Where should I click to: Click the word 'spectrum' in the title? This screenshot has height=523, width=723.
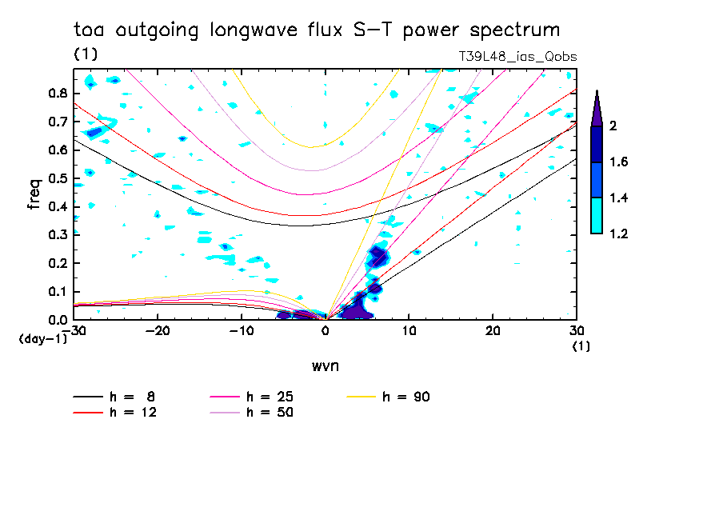[x=512, y=31]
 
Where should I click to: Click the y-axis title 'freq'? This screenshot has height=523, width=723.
[x=34, y=194]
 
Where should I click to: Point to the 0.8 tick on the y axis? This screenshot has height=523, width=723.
[x=58, y=93]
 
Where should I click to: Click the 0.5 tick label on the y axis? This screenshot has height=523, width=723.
[x=58, y=178]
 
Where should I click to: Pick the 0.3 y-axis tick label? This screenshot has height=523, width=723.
[x=58, y=235]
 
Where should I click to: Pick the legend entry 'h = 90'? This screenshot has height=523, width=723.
[x=406, y=397]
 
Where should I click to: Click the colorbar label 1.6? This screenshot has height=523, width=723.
[x=618, y=162]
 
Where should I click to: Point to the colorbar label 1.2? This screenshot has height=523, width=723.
[x=618, y=234]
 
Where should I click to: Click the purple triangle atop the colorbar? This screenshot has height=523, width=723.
[x=597, y=108]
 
